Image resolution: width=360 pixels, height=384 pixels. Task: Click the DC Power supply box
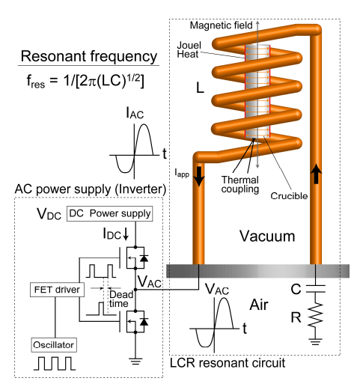(x=109, y=213)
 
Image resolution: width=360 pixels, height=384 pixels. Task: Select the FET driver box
(x=57, y=290)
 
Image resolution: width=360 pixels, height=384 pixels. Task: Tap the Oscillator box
(x=54, y=345)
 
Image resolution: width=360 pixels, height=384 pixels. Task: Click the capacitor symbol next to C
(x=316, y=289)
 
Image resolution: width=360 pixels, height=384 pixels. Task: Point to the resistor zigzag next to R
(x=316, y=315)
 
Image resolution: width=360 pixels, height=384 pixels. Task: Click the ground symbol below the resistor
(x=316, y=341)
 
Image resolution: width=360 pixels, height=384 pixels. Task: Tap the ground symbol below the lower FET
(x=135, y=362)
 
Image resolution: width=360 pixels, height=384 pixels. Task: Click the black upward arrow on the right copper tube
(x=316, y=174)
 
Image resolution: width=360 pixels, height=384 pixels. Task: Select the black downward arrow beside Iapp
(x=199, y=177)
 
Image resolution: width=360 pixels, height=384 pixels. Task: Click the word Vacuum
(x=267, y=236)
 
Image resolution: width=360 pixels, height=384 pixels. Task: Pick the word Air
(x=259, y=305)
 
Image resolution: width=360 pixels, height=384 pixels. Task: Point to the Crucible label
(x=289, y=196)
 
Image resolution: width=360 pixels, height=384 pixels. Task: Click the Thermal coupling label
(x=240, y=185)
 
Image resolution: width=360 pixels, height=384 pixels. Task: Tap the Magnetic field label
(x=222, y=25)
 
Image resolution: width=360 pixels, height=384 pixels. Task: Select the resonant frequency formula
(x=85, y=81)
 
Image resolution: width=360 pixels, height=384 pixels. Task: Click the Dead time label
(x=121, y=299)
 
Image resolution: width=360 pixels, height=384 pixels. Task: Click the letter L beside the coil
(x=201, y=88)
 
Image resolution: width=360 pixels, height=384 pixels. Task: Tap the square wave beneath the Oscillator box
(x=55, y=363)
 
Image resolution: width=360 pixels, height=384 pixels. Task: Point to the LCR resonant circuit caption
(x=228, y=363)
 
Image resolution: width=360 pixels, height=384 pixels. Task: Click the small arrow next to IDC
(x=126, y=234)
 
